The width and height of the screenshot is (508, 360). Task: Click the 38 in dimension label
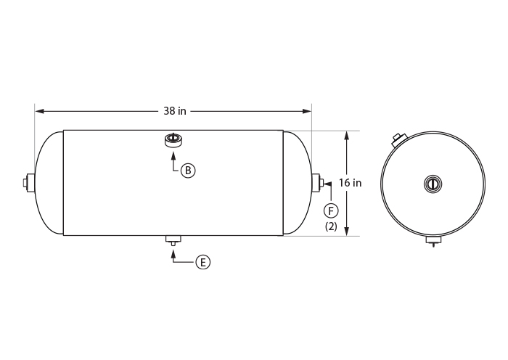point(174,111)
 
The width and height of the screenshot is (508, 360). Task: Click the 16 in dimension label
point(351,183)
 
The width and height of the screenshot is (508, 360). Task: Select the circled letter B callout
point(188,171)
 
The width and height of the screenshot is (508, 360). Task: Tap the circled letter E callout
point(203,262)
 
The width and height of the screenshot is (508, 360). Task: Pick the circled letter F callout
point(331,210)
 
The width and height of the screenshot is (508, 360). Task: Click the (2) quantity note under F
point(331,226)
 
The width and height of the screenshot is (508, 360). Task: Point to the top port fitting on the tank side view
point(173,140)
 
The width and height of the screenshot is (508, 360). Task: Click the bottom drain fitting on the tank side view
point(173,240)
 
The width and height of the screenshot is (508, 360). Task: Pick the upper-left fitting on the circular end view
point(398,139)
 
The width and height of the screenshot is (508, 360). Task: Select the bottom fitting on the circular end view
point(433,240)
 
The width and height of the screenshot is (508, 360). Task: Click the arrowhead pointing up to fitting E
point(173,251)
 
